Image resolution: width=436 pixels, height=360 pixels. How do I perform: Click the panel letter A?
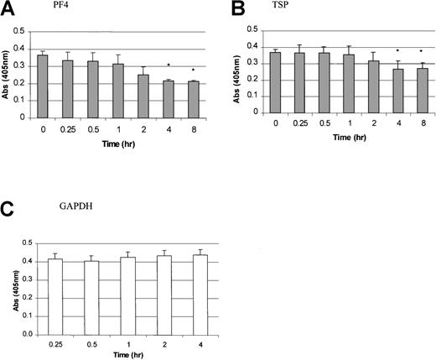tap(8, 9)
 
